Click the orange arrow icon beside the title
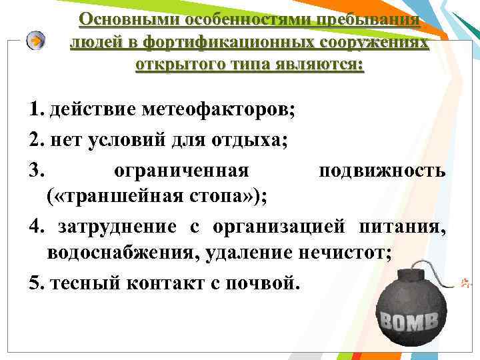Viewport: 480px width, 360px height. (x=36, y=41)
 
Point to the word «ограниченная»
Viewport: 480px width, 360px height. (x=181, y=171)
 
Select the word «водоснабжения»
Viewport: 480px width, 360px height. (x=120, y=253)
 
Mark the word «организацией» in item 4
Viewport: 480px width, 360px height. (x=281, y=226)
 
